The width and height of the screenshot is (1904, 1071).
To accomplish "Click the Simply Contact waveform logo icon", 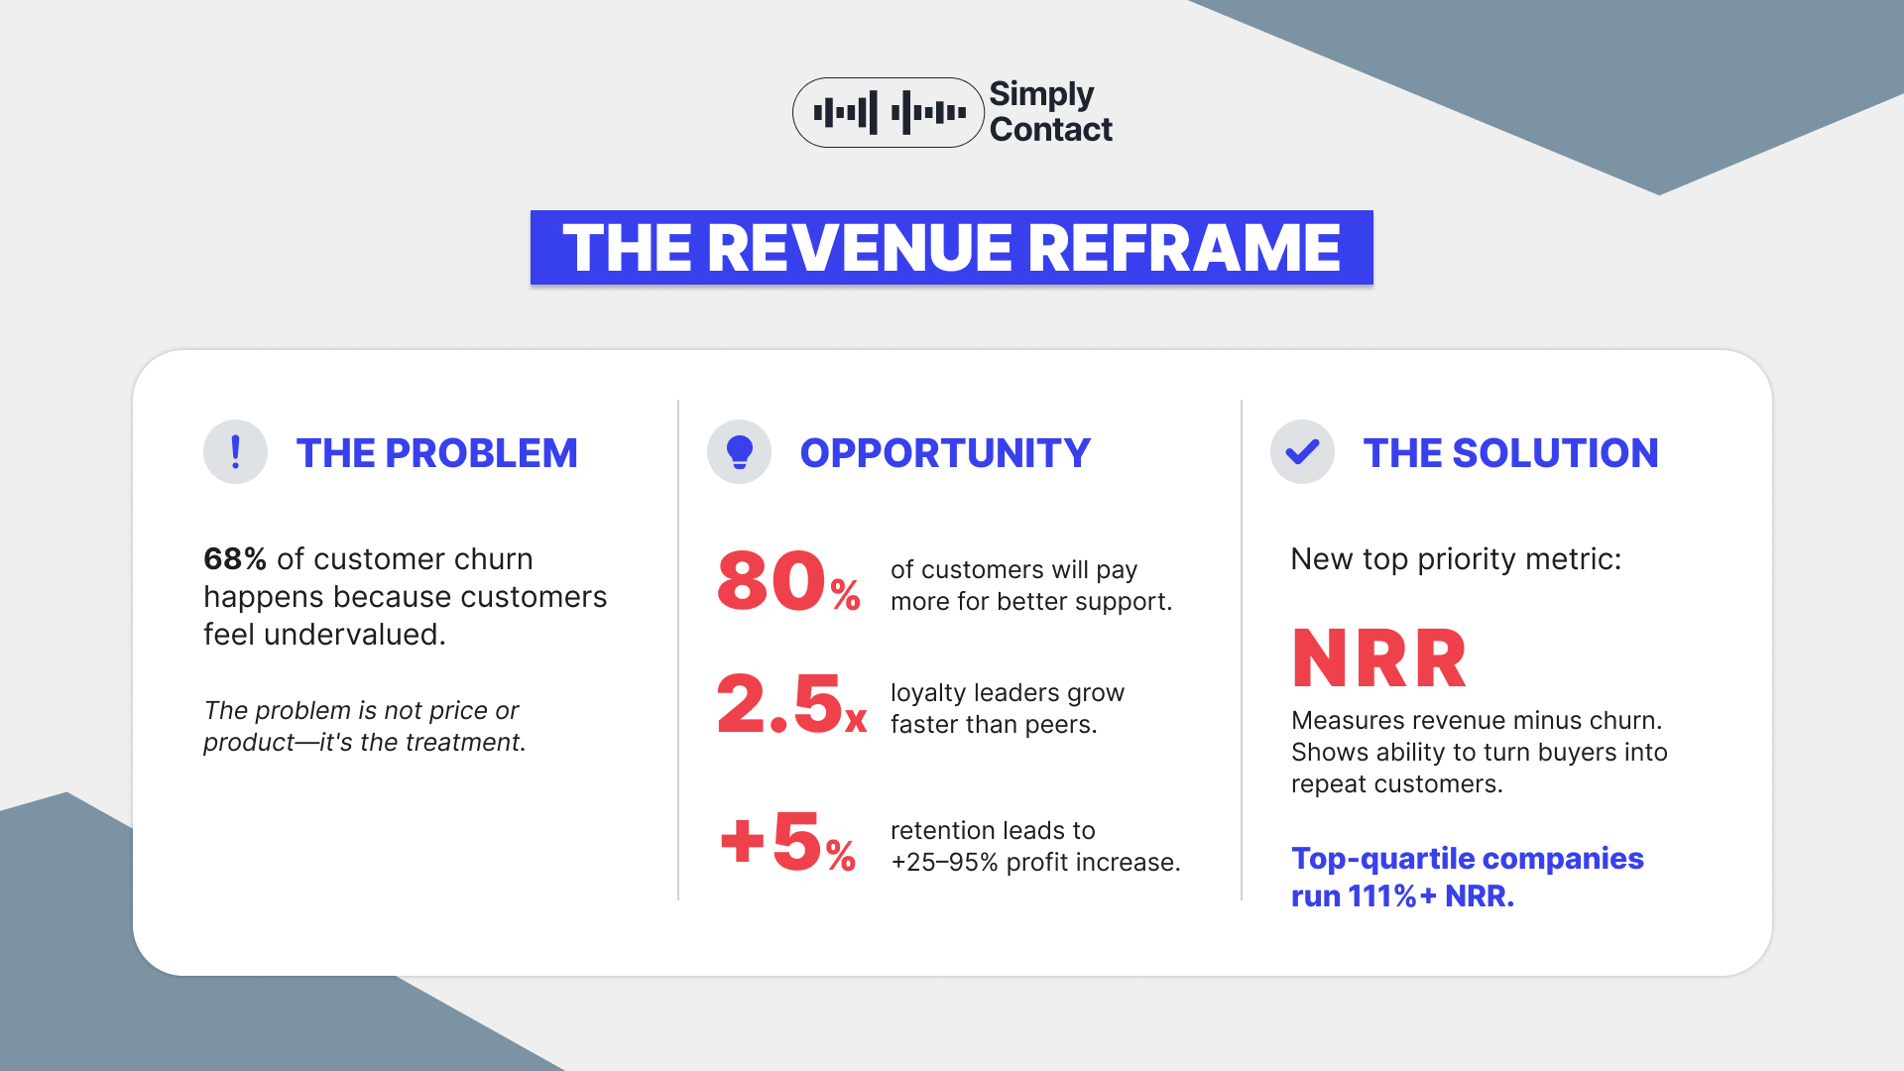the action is pos(889,113).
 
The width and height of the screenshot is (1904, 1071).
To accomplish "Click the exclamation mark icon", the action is pos(235,452).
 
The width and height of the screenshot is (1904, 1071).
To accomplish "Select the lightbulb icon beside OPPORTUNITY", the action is pos(739,452).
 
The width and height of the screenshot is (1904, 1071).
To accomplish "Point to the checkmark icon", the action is pos(1302,452).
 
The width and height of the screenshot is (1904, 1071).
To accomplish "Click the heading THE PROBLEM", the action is pos(436,453).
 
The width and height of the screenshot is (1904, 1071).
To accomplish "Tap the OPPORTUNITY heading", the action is pos(945,453).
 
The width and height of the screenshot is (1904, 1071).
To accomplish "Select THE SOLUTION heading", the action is pos(1510,453).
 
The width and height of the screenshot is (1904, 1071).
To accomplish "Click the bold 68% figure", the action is pos(235,559).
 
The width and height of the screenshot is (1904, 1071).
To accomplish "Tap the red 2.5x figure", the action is pos(791,703).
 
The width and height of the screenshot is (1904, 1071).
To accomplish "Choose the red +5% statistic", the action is pos(788,842).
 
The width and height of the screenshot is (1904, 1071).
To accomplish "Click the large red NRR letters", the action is pos(1379,658).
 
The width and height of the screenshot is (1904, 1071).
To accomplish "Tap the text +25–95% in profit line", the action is pos(944,863).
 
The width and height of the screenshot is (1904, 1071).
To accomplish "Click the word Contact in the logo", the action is pos(1051,130).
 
